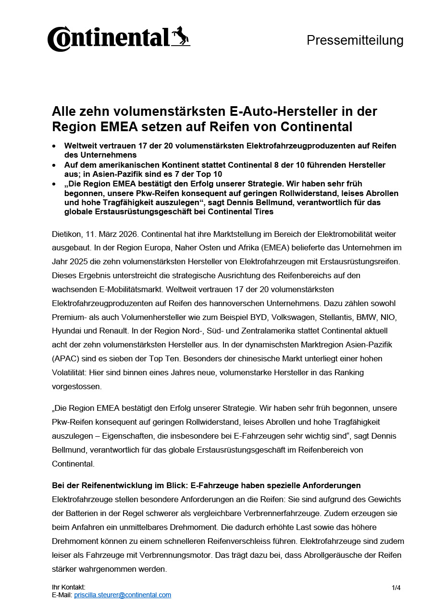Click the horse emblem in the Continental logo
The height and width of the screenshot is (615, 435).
pyautogui.click(x=181, y=37)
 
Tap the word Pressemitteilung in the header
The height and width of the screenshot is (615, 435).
pyautogui.click(x=355, y=40)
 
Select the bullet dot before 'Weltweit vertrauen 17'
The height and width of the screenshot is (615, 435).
pyautogui.click(x=54, y=146)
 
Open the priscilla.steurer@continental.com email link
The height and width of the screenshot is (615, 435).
pyautogui.click(x=123, y=595)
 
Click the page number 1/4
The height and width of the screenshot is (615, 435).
pyautogui.click(x=396, y=588)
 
